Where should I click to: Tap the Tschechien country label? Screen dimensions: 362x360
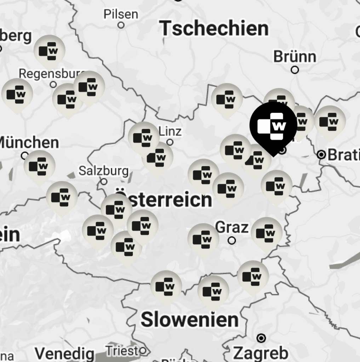(x=215, y=28)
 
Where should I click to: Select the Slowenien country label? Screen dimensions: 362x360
(x=190, y=320)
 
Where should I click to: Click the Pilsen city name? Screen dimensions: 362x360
(x=121, y=14)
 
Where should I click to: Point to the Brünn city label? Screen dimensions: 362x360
(x=295, y=57)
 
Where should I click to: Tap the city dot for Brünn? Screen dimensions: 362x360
(x=295, y=70)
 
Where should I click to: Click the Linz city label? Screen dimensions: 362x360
(x=170, y=132)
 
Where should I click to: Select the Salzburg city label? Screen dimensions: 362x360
(x=103, y=171)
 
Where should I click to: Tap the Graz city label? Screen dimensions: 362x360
(x=232, y=227)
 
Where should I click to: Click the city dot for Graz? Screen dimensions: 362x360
(x=232, y=241)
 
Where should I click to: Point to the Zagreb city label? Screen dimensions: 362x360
(x=261, y=353)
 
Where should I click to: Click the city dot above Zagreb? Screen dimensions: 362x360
(x=261, y=338)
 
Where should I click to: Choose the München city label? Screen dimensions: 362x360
(x=29, y=143)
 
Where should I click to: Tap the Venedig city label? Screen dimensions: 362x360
(x=65, y=354)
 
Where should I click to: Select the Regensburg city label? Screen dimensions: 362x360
(x=50, y=74)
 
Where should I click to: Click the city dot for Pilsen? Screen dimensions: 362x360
(x=121, y=25)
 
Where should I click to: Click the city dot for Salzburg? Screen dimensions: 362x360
(x=104, y=182)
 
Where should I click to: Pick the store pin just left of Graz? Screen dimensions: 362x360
(x=203, y=239)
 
